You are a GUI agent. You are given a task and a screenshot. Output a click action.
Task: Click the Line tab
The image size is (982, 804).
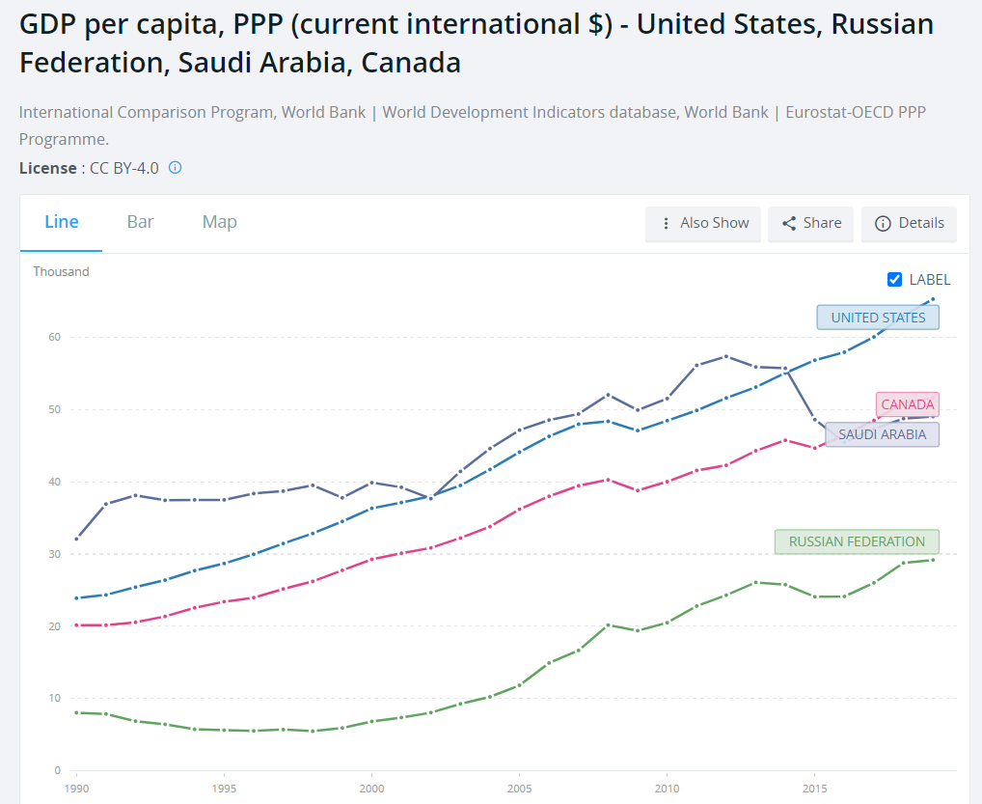point(62,222)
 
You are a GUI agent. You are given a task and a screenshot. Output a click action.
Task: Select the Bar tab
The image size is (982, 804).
point(141,222)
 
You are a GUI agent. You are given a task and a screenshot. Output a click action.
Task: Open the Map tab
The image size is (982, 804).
point(219,222)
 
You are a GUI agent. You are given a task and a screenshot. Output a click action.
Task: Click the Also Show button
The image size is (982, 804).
point(703,223)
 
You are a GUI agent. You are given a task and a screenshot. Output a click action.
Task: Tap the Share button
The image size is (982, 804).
point(811,223)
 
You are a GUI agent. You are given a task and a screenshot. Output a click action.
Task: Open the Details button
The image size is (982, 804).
point(909,223)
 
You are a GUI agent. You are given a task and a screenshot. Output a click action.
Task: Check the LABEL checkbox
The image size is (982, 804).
point(894,280)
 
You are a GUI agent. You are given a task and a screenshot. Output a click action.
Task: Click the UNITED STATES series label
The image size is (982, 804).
point(878,318)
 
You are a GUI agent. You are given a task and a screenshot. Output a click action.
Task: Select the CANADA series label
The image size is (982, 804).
point(907,404)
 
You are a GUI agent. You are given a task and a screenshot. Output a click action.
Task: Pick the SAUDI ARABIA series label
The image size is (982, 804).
point(882,434)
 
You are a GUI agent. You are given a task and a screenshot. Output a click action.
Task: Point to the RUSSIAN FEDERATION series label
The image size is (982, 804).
point(857,541)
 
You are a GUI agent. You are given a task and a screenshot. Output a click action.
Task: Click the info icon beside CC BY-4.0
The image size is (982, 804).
point(175,167)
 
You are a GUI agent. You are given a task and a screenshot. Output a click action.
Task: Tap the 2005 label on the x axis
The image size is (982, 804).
point(519,788)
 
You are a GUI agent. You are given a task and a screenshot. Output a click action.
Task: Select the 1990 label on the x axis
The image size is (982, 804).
point(76,788)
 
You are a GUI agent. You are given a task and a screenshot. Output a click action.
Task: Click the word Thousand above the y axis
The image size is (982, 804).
point(61,271)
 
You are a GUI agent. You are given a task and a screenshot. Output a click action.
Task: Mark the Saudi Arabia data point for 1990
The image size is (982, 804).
point(76,539)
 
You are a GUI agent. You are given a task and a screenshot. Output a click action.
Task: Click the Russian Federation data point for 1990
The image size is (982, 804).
point(76,712)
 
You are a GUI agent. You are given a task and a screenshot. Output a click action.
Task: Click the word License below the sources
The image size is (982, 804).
point(47,168)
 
